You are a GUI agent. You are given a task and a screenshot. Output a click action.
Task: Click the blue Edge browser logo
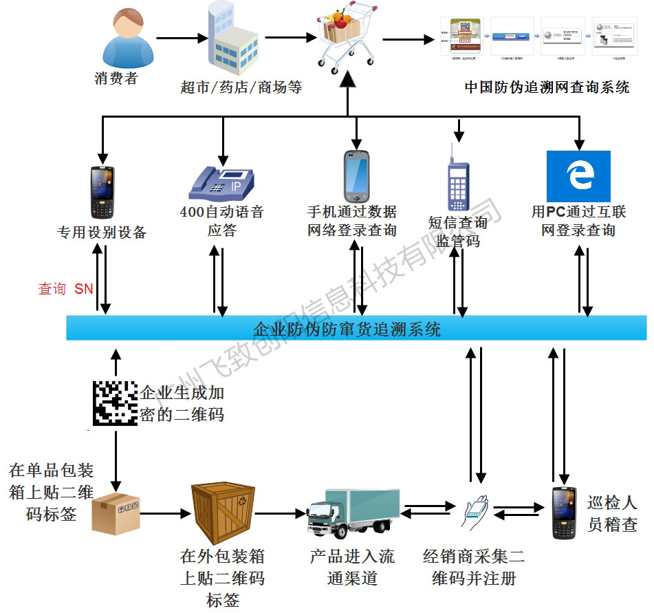pos(578,176)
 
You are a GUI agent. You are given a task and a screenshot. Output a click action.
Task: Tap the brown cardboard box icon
pos(115,512)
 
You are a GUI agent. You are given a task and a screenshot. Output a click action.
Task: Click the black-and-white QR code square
pos(114,402)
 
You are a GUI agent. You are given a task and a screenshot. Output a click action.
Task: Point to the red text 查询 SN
pos(65,290)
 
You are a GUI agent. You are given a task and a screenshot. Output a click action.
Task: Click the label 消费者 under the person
pos(116,78)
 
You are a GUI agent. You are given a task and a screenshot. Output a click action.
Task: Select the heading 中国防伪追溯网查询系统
pos(547,87)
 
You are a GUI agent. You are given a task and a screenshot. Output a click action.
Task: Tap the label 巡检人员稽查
pos(612,513)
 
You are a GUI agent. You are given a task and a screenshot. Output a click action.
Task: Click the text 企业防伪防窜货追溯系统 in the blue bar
pos(347,330)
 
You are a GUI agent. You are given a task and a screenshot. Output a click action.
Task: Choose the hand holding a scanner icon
pos(476,513)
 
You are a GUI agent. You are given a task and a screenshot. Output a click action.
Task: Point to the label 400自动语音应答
pos(221,221)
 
